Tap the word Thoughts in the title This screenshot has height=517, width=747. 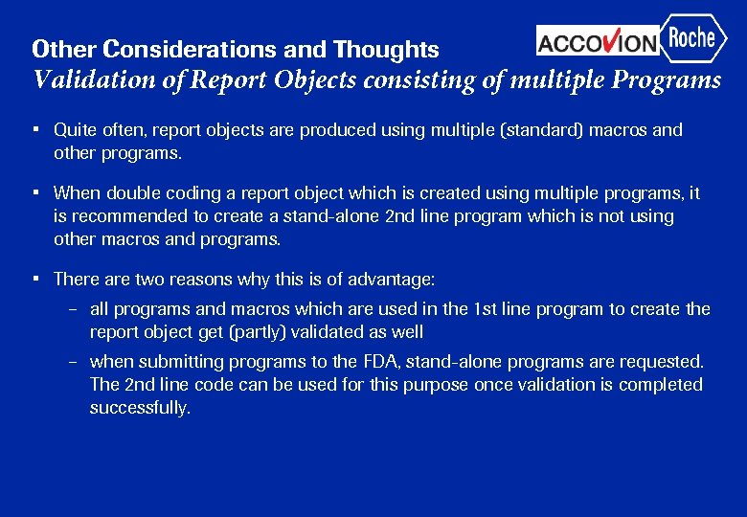[x=386, y=49]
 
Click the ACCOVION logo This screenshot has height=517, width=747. [x=598, y=41]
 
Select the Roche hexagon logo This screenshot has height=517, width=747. [x=692, y=38]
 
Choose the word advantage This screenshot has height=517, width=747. [x=391, y=280]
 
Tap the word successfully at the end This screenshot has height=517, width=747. [x=140, y=408]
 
